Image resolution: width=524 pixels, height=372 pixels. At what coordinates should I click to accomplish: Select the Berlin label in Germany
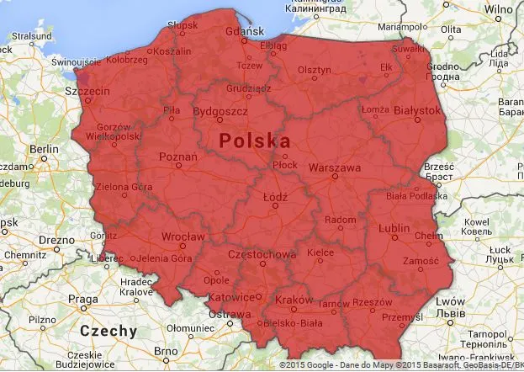pos(44,149)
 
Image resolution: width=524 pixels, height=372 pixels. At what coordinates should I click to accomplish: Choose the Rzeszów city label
pos(373,302)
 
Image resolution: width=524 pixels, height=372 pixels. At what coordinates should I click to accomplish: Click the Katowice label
pos(232,297)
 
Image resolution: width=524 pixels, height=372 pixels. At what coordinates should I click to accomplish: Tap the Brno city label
pos(177,350)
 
